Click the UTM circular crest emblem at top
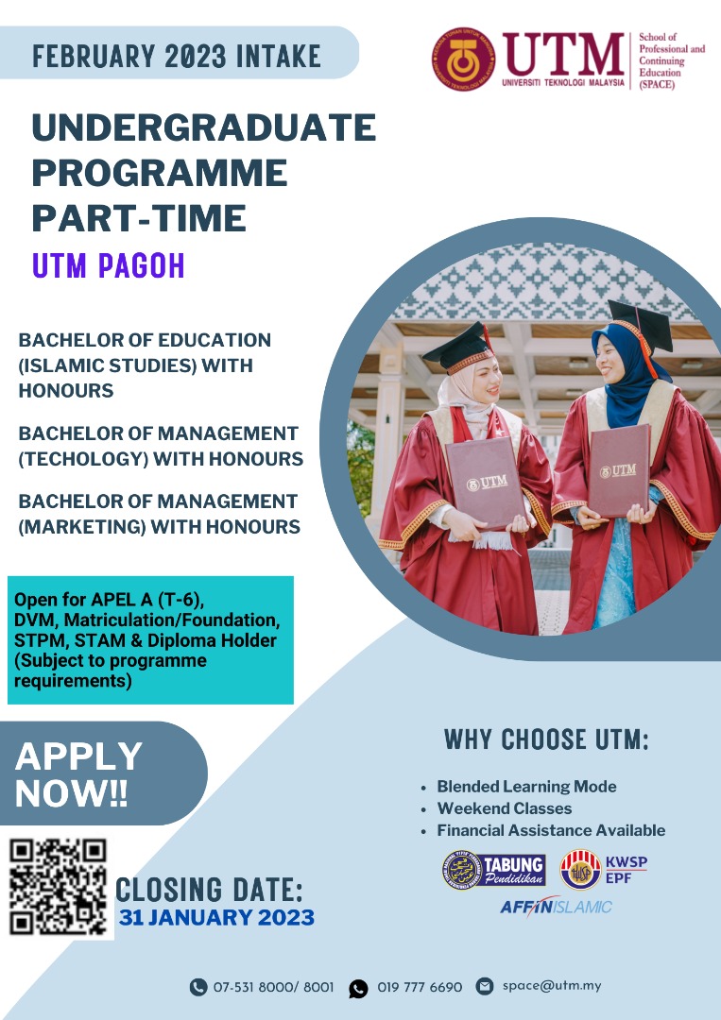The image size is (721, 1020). [464, 59]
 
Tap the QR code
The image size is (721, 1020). [59, 887]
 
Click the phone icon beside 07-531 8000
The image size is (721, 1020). [197, 987]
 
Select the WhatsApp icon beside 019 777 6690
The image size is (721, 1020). [358, 988]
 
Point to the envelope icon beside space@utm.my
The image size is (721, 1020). [485, 986]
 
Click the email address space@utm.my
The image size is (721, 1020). [552, 985]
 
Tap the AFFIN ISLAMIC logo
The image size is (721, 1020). [556, 907]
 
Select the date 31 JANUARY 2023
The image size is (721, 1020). [217, 917]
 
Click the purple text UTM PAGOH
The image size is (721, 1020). [109, 266]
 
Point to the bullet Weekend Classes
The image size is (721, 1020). [504, 808]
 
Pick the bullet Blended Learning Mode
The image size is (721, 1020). [525, 786]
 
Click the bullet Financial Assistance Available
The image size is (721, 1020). [550, 830]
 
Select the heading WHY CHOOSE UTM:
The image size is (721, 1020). [546, 739]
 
